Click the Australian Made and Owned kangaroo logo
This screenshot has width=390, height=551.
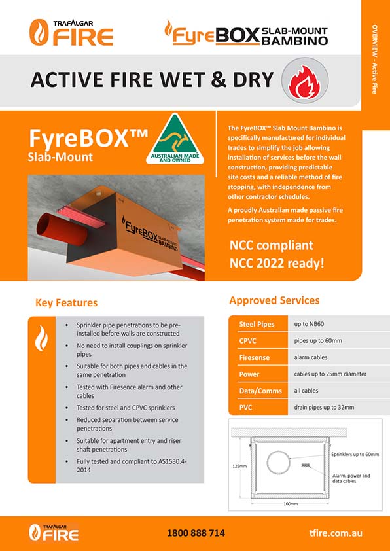[x=175, y=139]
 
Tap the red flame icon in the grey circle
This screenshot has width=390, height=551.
[x=304, y=82]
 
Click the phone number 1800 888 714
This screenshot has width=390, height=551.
[x=196, y=533]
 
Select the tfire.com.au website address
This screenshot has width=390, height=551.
[x=336, y=533]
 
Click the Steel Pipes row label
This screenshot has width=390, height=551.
[x=257, y=325]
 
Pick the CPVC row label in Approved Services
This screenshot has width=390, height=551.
[x=248, y=341]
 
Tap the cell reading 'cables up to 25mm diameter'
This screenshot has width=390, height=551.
[x=330, y=374]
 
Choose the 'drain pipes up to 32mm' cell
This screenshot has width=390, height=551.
[x=324, y=408]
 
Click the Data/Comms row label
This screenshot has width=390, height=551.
[x=260, y=391]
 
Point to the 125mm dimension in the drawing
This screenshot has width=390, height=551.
[x=239, y=466]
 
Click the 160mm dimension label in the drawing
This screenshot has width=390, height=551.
[x=291, y=504]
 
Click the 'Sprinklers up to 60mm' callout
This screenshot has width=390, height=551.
[x=355, y=454]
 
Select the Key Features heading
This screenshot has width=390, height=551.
[x=66, y=303]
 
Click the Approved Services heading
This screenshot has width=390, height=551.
[x=274, y=300]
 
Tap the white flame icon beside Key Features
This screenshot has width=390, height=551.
[x=41, y=338]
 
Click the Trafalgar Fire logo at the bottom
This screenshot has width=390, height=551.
[x=54, y=533]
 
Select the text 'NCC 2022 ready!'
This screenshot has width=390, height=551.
[x=277, y=264]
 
